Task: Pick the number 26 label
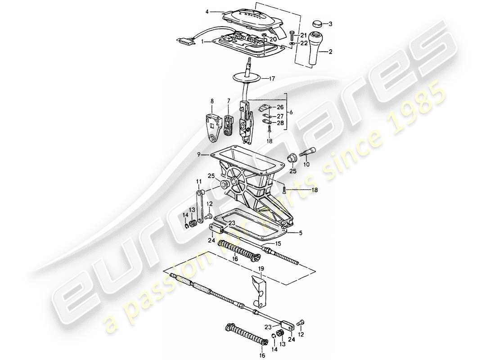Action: pos(280,107)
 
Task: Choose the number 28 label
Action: pos(280,123)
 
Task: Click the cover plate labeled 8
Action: pos(212,128)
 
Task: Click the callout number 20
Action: pos(273,40)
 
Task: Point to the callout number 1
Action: pos(202,41)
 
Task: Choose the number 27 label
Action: pos(280,115)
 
